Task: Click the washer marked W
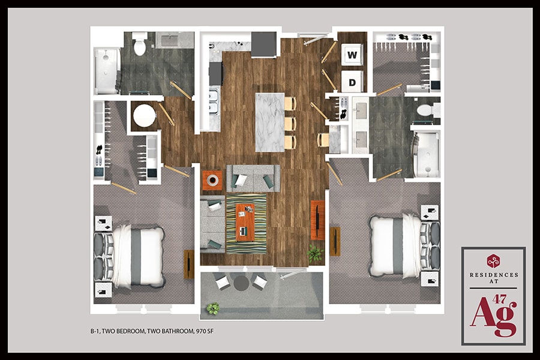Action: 352,55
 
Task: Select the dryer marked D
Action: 352,81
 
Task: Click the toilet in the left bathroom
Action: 140,45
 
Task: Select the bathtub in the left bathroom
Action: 107,71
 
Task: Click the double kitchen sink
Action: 213,103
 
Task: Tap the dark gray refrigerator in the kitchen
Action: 263,43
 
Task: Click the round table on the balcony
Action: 241,282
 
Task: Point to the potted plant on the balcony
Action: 212,308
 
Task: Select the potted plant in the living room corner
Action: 315,253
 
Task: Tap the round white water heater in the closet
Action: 144,116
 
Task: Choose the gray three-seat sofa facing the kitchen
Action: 253,178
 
